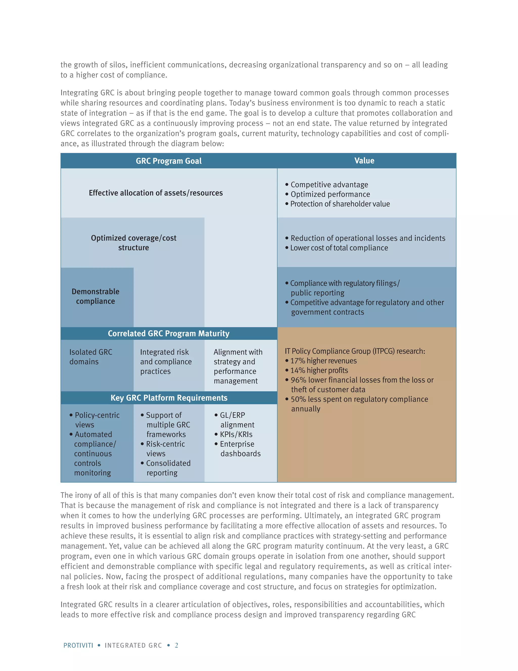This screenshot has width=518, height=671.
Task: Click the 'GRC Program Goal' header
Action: coord(168,161)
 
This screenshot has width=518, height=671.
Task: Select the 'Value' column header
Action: coord(364,161)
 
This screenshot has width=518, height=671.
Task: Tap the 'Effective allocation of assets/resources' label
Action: coord(156,193)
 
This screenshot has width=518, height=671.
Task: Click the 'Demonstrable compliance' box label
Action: coord(95,296)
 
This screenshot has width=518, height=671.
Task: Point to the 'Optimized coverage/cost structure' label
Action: coord(134,243)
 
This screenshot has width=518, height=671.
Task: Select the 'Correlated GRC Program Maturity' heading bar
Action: coord(168,333)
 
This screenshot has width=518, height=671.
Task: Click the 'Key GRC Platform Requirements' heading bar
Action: coord(169,398)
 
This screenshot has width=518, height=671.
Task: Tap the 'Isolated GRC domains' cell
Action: coord(91,357)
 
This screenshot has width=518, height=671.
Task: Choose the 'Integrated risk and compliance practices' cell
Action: coord(166,362)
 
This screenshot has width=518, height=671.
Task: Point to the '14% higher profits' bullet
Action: coord(319,370)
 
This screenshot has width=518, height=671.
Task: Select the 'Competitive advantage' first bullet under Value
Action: coord(329,185)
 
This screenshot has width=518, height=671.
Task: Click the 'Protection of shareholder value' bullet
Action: coord(340,204)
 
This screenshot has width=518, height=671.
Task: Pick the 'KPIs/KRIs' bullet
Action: coord(236,435)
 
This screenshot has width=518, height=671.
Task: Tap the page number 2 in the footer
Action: coord(177,645)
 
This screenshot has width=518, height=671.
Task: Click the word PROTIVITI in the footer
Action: coord(78,645)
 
